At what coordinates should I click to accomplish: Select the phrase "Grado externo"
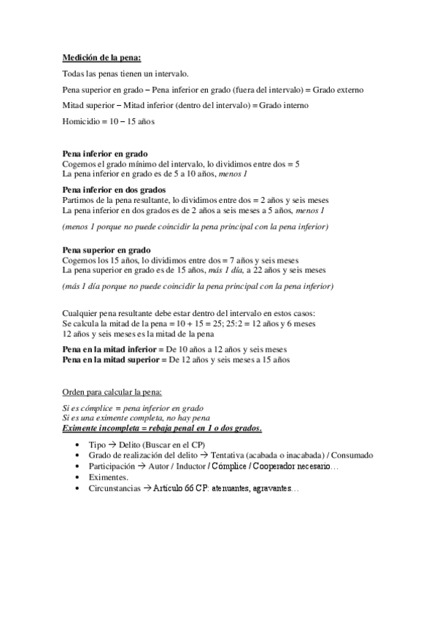click(338, 90)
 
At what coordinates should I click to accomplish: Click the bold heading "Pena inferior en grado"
click(106, 155)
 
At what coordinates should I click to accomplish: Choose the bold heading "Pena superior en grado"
click(107, 250)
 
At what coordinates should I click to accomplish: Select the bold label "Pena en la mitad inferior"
click(113, 349)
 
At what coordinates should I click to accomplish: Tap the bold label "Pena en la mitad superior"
click(114, 359)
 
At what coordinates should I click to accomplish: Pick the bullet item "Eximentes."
click(110, 476)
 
